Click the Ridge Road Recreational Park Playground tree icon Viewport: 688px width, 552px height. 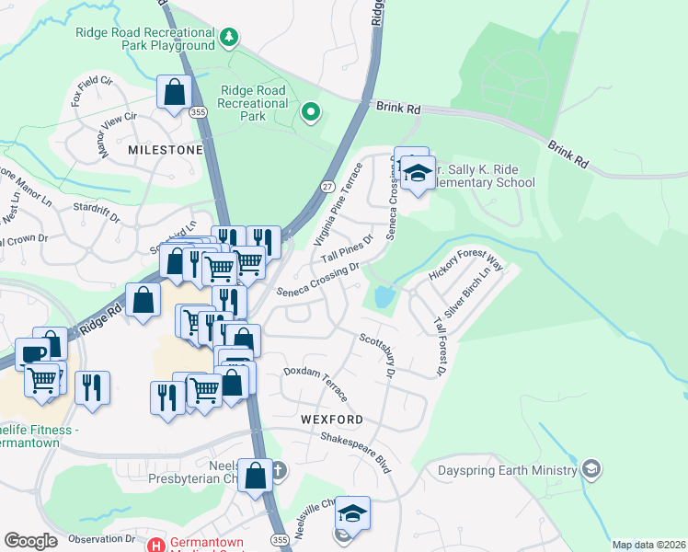point(229,37)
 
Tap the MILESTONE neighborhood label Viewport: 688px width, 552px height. point(165,149)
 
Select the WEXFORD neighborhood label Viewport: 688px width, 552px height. point(331,419)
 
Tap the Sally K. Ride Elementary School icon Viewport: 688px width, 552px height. point(418,174)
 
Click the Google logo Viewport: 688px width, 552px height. point(30,541)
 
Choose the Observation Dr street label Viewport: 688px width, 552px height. point(101,538)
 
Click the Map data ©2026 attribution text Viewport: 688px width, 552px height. point(648,545)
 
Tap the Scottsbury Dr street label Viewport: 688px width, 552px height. point(377,354)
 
